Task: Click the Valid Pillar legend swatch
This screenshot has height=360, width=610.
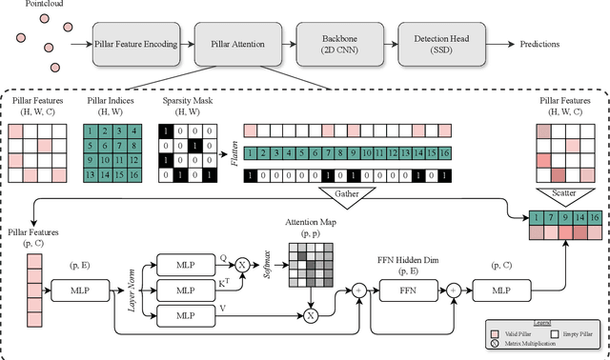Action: [493, 333]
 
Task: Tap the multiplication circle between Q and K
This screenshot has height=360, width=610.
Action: [241, 262]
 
